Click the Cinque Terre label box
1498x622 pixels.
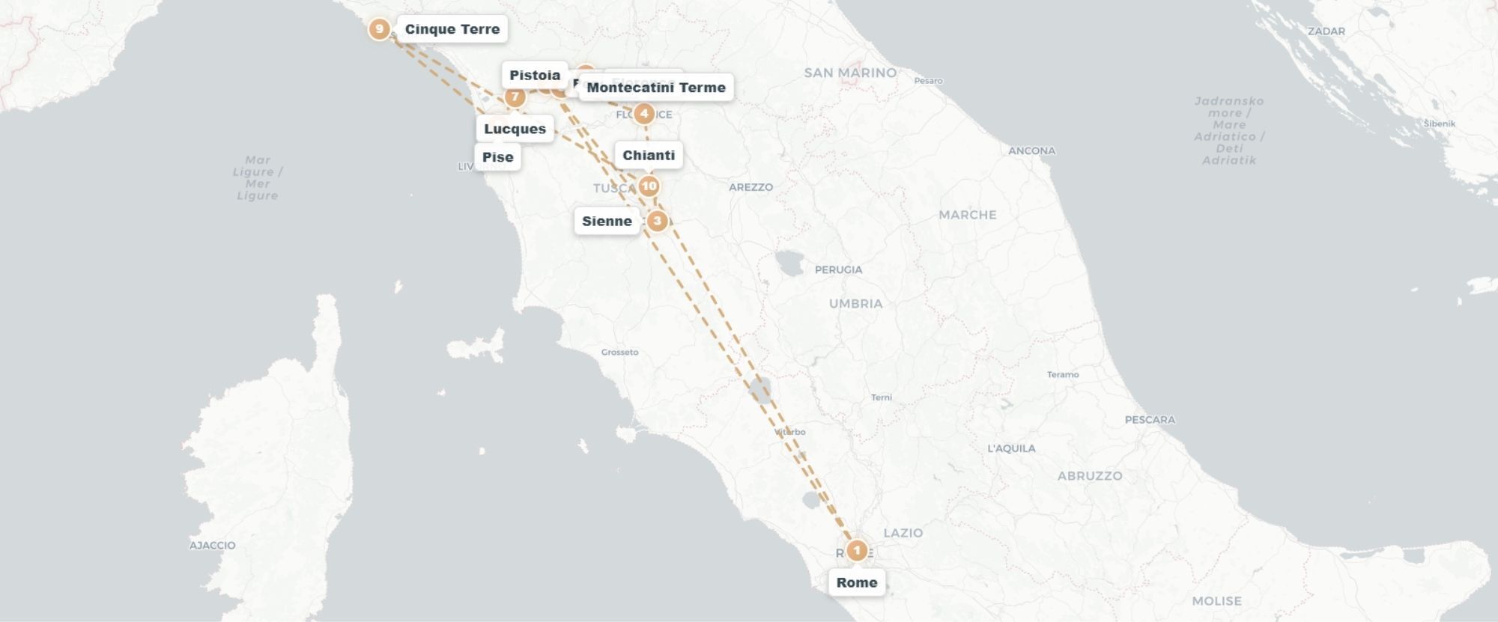(x=452, y=29)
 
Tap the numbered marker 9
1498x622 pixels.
(x=380, y=29)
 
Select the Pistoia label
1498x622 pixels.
(x=534, y=75)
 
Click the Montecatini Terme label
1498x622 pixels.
(x=655, y=88)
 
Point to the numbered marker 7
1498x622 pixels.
(x=515, y=97)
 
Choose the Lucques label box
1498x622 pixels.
(x=515, y=129)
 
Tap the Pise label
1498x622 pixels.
(x=497, y=157)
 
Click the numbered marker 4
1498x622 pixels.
(x=644, y=114)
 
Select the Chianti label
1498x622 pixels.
(x=649, y=155)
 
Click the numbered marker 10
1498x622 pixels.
(x=649, y=186)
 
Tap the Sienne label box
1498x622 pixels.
(x=607, y=221)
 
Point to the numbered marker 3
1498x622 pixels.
(x=657, y=221)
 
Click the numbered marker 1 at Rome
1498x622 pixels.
(x=857, y=551)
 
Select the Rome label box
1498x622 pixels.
(x=856, y=582)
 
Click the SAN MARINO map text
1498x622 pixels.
(x=850, y=73)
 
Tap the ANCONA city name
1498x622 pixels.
(x=1031, y=150)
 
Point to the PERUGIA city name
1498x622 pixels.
(x=838, y=269)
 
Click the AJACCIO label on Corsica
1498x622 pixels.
(x=212, y=545)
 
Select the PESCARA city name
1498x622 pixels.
(x=1150, y=420)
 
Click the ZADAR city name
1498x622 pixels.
(x=1326, y=31)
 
